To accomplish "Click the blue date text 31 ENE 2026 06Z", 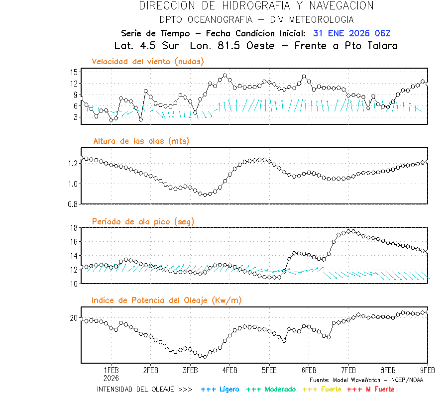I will pyautogui.click(x=352, y=33).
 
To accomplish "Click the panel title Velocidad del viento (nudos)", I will pyautogui.click(x=148, y=62).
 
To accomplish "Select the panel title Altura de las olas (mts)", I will pyautogui.click(x=141, y=141).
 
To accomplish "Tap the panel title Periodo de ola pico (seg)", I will pyautogui.click(x=143, y=221).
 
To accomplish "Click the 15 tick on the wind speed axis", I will pyautogui.click(x=74, y=72).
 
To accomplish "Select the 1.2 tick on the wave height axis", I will pyautogui.click(x=73, y=163).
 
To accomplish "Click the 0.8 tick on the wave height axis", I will pyautogui.click(x=73, y=204).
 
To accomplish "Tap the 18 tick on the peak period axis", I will pyautogui.click(x=74, y=228).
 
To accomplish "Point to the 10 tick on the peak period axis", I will pyautogui.click(x=74, y=284).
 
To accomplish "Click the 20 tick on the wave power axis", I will pyautogui.click(x=74, y=318).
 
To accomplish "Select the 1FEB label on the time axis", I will pyautogui.click(x=111, y=371).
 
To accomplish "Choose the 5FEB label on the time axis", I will pyautogui.click(x=269, y=371).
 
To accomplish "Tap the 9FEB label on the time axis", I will pyautogui.click(x=427, y=371).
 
